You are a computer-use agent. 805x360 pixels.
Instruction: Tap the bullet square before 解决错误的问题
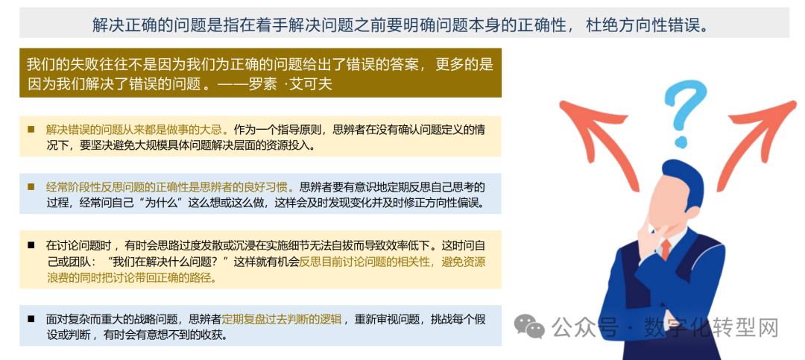[31, 129]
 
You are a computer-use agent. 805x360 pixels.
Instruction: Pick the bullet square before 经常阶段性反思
[31, 186]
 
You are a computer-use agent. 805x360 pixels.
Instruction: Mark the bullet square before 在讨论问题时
[31, 244]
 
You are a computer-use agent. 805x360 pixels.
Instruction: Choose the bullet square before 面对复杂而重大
[31, 318]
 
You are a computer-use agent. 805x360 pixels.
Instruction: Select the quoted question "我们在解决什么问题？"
[168, 262]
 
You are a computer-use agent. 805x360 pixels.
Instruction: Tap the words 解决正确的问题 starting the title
[141, 25]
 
